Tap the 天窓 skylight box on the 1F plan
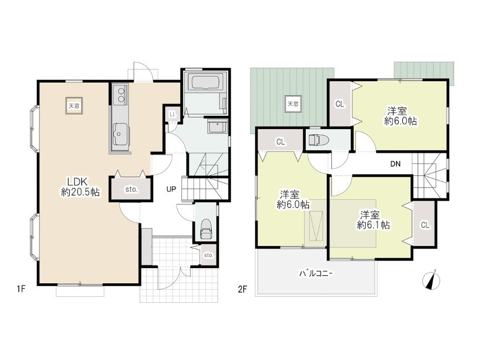(74, 106)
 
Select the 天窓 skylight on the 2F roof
(293, 104)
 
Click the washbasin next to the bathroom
(217, 128)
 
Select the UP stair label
(171, 189)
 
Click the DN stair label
(395, 164)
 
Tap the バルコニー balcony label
(316, 274)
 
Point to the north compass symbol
(431, 281)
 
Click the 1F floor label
(21, 289)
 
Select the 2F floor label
(242, 289)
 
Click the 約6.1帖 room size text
(374, 225)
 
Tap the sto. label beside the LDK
(131, 189)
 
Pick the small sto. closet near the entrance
(208, 255)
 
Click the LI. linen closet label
(172, 114)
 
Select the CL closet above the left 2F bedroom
(280, 142)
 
